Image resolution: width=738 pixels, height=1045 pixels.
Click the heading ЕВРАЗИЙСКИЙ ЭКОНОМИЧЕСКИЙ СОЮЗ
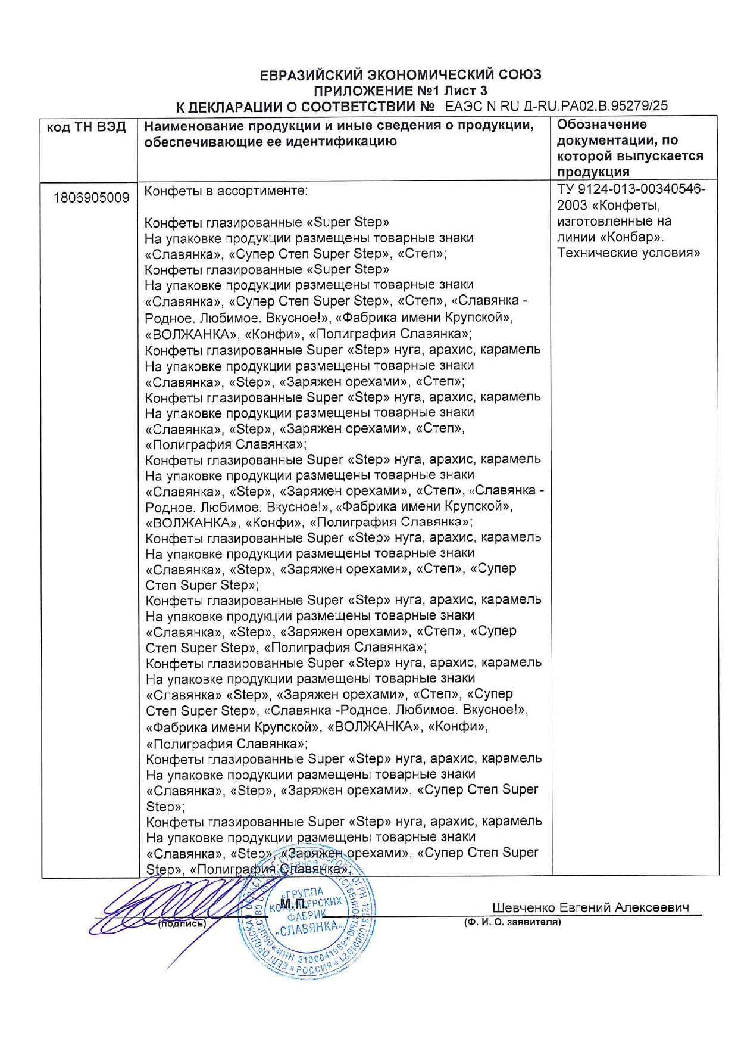point(400,75)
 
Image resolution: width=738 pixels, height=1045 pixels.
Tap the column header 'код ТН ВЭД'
point(86,127)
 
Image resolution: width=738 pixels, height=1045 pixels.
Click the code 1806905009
point(91,198)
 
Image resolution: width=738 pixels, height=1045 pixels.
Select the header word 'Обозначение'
point(602,125)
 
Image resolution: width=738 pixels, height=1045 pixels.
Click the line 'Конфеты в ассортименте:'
point(226,191)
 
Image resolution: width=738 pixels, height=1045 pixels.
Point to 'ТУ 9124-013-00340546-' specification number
point(631,189)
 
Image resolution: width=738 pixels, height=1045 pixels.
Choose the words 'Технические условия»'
point(628,253)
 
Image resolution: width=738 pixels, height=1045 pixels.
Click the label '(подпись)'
point(182,924)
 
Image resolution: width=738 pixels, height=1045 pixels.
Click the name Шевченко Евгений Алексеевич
point(590,907)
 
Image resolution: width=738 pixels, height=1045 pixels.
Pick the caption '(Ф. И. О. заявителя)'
point(512,922)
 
